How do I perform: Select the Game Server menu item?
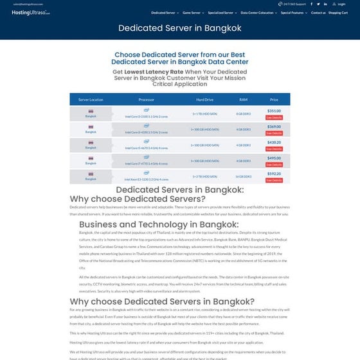pyautogui.click(x=192, y=13)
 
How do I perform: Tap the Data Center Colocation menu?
pyautogui.click(x=258, y=13)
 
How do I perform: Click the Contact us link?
pyautogui.click(x=318, y=13)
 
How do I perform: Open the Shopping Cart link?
pyautogui.click(x=338, y=13)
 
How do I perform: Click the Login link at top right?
pyautogui.click(x=341, y=4)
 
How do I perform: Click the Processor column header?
pyautogui.click(x=146, y=100)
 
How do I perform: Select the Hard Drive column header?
pyautogui.click(x=204, y=100)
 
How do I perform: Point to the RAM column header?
pyautogui.click(x=243, y=100)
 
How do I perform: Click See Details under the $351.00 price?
pyautogui.click(x=274, y=118)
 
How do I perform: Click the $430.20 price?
pyautogui.click(x=274, y=142)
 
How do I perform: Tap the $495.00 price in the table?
pyautogui.click(x=274, y=158)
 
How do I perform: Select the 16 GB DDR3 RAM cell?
pyautogui.click(x=243, y=176)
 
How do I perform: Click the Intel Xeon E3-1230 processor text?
pyautogui.click(x=146, y=179)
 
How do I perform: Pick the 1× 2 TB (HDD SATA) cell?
pyautogui.click(x=204, y=176)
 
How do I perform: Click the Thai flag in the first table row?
pyautogui.click(x=90, y=110)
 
